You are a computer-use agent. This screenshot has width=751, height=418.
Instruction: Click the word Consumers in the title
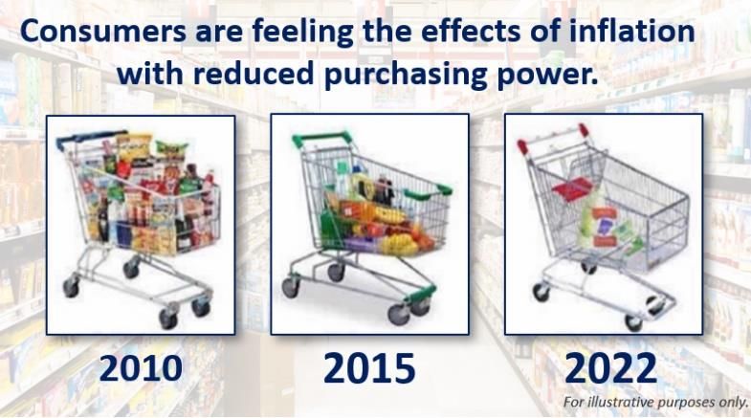click(103, 31)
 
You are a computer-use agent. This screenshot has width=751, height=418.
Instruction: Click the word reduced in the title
click(254, 74)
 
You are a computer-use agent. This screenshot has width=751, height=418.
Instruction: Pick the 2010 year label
click(141, 368)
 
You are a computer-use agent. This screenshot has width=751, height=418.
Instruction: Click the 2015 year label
click(369, 367)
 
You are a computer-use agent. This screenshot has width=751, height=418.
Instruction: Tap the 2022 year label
click(610, 367)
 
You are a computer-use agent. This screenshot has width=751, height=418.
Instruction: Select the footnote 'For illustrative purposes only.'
click(654, 401)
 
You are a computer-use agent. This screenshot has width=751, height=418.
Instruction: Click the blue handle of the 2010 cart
click(89, 139)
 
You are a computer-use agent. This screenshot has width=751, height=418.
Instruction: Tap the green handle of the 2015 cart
click(320, 139)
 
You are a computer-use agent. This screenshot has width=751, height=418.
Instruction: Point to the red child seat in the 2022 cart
click(572, 188)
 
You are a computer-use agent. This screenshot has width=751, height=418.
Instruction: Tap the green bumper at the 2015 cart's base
click(421, 293)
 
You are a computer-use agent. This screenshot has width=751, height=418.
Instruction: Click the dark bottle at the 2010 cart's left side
click(103, 219)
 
